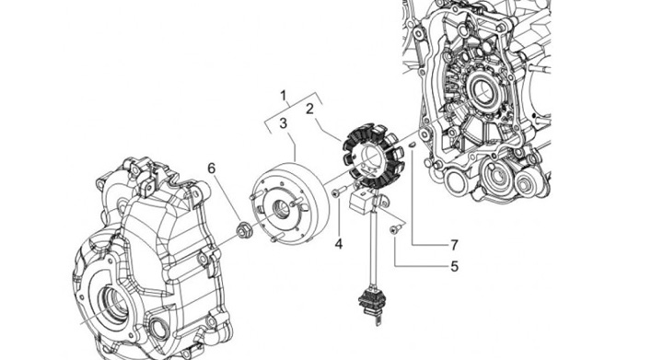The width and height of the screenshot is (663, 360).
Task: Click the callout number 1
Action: (284, 96)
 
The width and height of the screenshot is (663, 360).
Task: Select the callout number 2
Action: (310, 109)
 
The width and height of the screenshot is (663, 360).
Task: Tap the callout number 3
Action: (283, 123)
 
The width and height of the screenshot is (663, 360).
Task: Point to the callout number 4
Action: (338, 244)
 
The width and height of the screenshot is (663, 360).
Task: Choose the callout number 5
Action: (454, 267)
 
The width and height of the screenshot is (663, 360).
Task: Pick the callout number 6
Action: (212, 168)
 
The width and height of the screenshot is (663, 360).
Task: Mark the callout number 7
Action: (454, 245)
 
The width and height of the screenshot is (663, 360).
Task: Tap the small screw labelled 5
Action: (396, 229)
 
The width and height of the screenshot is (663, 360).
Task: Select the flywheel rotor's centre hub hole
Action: (281, 209)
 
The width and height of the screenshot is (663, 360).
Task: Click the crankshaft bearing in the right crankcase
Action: (482, 89)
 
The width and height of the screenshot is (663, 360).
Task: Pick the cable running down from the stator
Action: (373, 249)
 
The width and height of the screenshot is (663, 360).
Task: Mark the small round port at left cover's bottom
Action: (158, 331)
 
